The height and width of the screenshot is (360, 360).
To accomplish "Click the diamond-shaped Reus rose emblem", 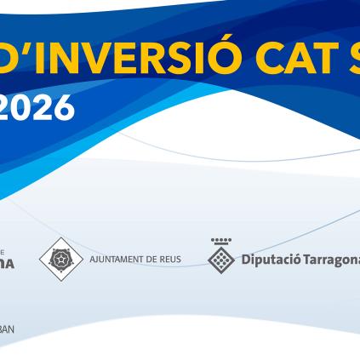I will click(x=60, y=259).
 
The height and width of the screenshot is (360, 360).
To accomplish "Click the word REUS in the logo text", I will click(x=169, y=260).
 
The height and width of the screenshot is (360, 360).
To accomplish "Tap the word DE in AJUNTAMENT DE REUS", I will click(x=151, y=260).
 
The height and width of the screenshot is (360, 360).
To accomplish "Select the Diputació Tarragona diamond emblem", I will click(x=221, y=260).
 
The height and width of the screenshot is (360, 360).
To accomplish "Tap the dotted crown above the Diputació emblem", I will click(x=221, y=241).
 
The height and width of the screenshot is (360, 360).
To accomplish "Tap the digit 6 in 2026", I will click(x=64, y=108).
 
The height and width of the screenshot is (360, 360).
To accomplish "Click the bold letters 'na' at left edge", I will click(x=7, y=264).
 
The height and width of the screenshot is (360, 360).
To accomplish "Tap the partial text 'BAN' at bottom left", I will click(x=7, y=329).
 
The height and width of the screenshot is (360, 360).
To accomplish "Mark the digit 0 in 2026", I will click(x=26, y=108).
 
